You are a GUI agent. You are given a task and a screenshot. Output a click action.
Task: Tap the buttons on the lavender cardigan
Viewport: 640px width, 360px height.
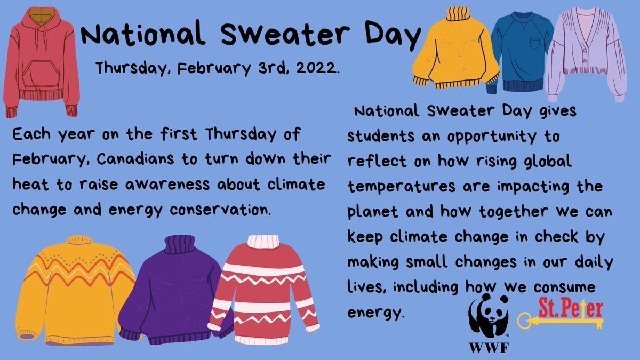click(x=581, y=59)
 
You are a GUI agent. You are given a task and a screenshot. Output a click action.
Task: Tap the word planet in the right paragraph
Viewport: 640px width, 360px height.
click(x=371, y=211)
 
